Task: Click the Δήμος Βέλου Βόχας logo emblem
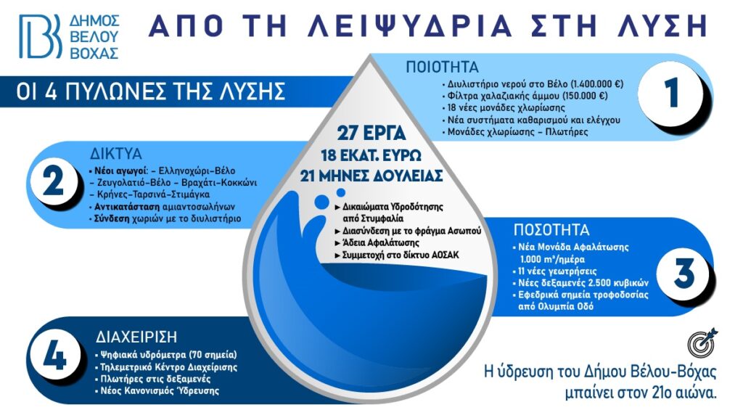pos(41,36)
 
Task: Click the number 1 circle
pos(673,93)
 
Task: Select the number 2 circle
pos(53,181)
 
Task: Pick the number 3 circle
pos(684,274)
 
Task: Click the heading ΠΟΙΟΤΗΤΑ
pos(442,67)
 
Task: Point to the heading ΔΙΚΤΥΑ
pos(116,154)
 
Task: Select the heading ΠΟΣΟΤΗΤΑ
pos(551,230)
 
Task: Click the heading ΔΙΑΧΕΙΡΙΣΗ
pos(136,337)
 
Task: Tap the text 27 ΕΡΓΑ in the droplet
pos(371,134)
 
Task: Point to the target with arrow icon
pos(702,342)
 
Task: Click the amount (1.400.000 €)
pos(597,84)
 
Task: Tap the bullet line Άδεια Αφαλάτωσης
pos(377,243)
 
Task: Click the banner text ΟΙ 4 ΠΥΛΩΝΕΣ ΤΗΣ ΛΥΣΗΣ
pos(151,91)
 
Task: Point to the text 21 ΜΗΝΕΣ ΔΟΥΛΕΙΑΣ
pos(371,176)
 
